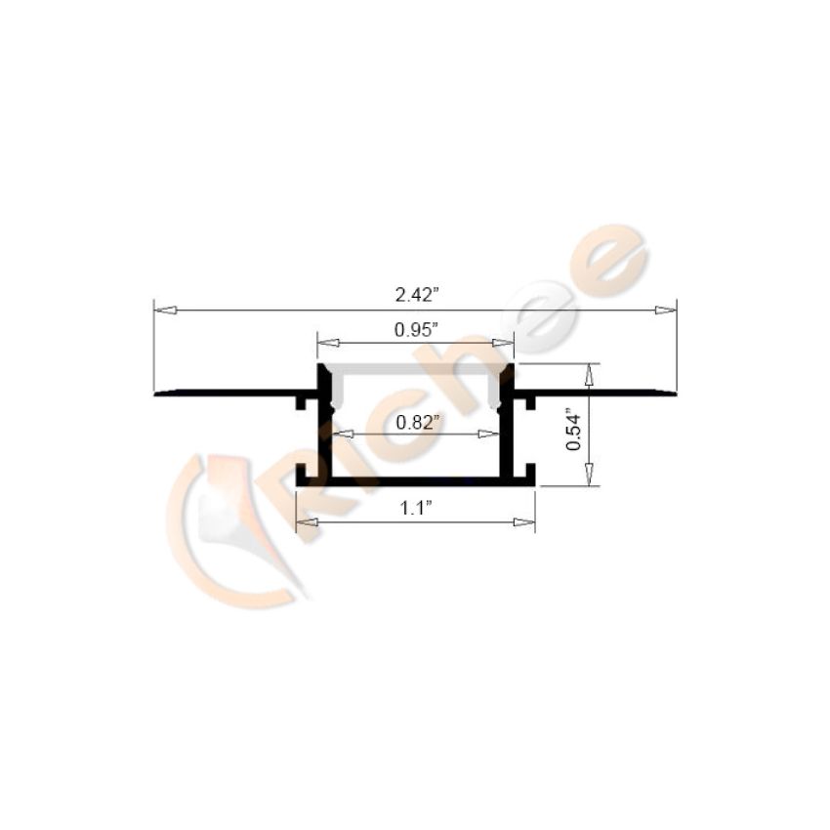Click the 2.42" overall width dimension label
pos(418,294)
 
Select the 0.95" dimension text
pos(417,330)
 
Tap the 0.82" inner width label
pos(418,422)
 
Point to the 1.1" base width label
pos(416,508)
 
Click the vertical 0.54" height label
pos(573,429)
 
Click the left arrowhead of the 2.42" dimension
pos(164,311)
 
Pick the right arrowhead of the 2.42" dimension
pos(665,311)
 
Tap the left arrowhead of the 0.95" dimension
pos(328,343)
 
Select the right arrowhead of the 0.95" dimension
pos(503,343)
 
